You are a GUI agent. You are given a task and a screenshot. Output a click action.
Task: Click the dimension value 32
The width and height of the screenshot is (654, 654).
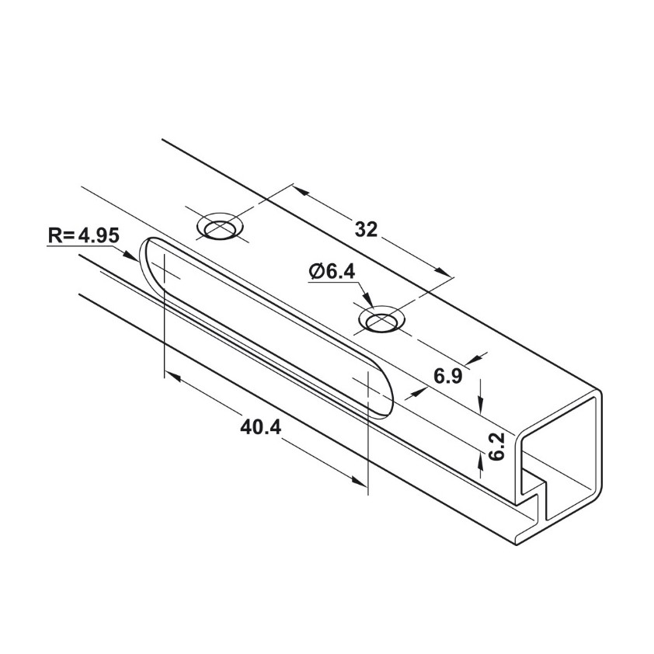point(366,229)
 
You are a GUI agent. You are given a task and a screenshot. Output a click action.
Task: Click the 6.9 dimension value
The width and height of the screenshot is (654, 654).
point(448,377)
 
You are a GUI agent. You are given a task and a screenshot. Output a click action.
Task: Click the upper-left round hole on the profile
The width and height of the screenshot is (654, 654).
point(221,228)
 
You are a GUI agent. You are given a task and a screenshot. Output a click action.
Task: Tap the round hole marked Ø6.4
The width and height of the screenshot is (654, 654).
point(381,318)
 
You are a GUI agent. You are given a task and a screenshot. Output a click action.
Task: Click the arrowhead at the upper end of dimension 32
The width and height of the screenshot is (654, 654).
point(300,191)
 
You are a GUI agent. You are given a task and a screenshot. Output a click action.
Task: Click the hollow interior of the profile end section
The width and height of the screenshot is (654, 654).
point(563,458)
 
